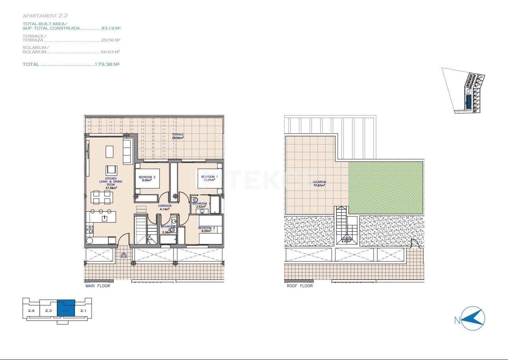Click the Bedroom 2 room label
point(147,179)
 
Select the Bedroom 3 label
point(206,229)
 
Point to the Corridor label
point(164,207)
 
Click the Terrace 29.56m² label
point(177,136)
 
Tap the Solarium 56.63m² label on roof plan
point(319,183)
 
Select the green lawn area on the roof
point(385,187)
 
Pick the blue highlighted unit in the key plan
point(66,308)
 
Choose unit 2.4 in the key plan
point(31,311)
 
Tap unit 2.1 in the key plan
point(83,311)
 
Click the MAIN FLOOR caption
point(98,286)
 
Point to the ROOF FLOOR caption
point(300,286)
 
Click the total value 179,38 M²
point(107,64)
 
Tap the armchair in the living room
point(111,170)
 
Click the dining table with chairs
point(101,196)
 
